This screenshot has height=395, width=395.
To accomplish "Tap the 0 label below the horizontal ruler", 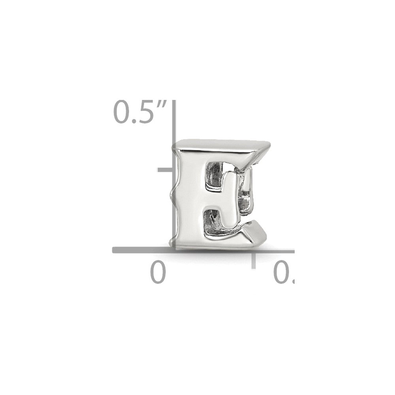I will (158, 273).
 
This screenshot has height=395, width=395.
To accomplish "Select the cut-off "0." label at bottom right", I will (285, 273).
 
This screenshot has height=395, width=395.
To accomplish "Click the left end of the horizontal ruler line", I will (115, 250).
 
